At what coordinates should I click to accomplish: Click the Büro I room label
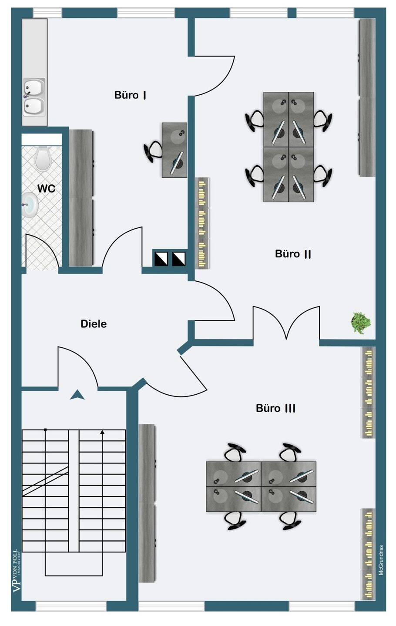pos(130,95)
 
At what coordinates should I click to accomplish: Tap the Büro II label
pos(293,254)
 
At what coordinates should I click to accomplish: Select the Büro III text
pos(276,408)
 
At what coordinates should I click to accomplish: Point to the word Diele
pos(94,324)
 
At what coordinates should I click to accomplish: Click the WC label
pos(46,188)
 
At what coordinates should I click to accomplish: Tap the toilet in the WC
pos(43,158)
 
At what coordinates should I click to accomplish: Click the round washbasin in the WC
pos(30,204)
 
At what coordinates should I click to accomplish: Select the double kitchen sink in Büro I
pos(34,97)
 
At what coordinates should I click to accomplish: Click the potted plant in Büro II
pos(361,323)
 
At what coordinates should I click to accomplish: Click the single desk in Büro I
pos(175,150)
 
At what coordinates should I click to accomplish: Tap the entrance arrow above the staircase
pos(77,395)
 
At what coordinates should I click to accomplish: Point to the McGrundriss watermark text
pos(381,560)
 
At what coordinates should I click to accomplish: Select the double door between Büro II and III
pos(286,322)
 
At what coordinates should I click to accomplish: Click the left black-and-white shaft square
pos(161,259)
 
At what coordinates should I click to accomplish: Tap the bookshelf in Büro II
pos(202,223)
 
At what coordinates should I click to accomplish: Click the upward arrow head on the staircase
pos(102,432)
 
